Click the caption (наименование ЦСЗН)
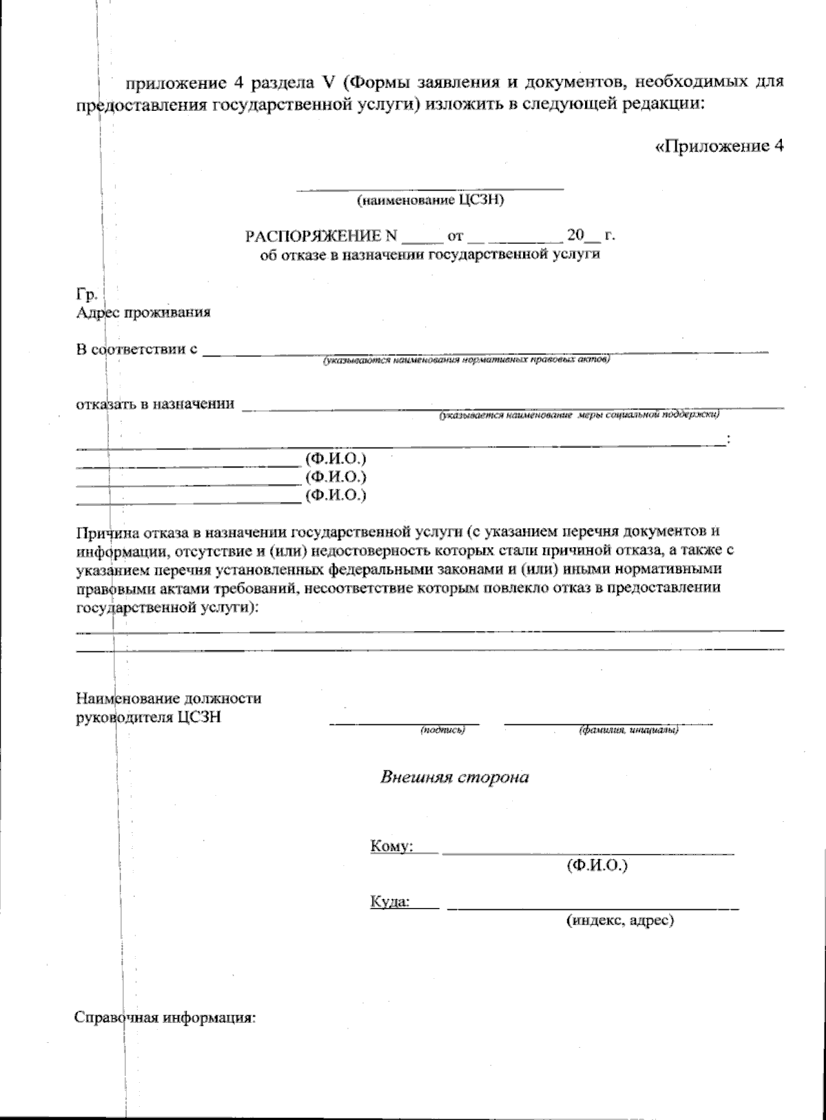(x=431, y=201)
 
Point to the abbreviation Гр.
(x=85, y=294)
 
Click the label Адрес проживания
(x=143, y=313)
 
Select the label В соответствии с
(x=137, y=349)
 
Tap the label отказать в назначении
(x=155, y=403)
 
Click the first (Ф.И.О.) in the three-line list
(x=335, y=458)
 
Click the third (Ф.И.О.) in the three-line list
(x=335, y=495)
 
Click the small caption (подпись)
(x=443, y=730)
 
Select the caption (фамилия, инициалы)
(x=628, y=730)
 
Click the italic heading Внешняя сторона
(x=455, y=777)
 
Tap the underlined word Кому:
(x=391, y=845)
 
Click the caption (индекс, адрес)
(x=619, y=920)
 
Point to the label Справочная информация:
(x=165, y=1018)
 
